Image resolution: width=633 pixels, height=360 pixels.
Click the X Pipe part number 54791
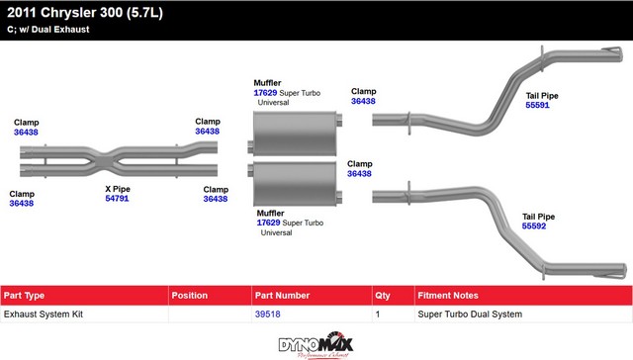[x=117, y=198]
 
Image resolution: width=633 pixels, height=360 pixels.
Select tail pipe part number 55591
[x=537, y=105]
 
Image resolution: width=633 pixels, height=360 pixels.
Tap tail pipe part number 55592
[x=534, y=226]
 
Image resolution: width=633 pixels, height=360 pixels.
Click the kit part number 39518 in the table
[x=267, y=314]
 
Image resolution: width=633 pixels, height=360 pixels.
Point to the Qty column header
[x=383, y=296]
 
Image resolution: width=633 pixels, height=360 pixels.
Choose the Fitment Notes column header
[x=448, y=296]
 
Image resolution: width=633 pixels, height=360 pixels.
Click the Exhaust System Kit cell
[x=44, y=314]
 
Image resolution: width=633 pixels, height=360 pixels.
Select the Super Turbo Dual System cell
[x=470, y=314]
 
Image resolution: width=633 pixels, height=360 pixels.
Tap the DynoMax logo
[x=316, y=345]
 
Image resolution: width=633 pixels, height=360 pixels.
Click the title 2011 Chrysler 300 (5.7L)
[x=85, y=13]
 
